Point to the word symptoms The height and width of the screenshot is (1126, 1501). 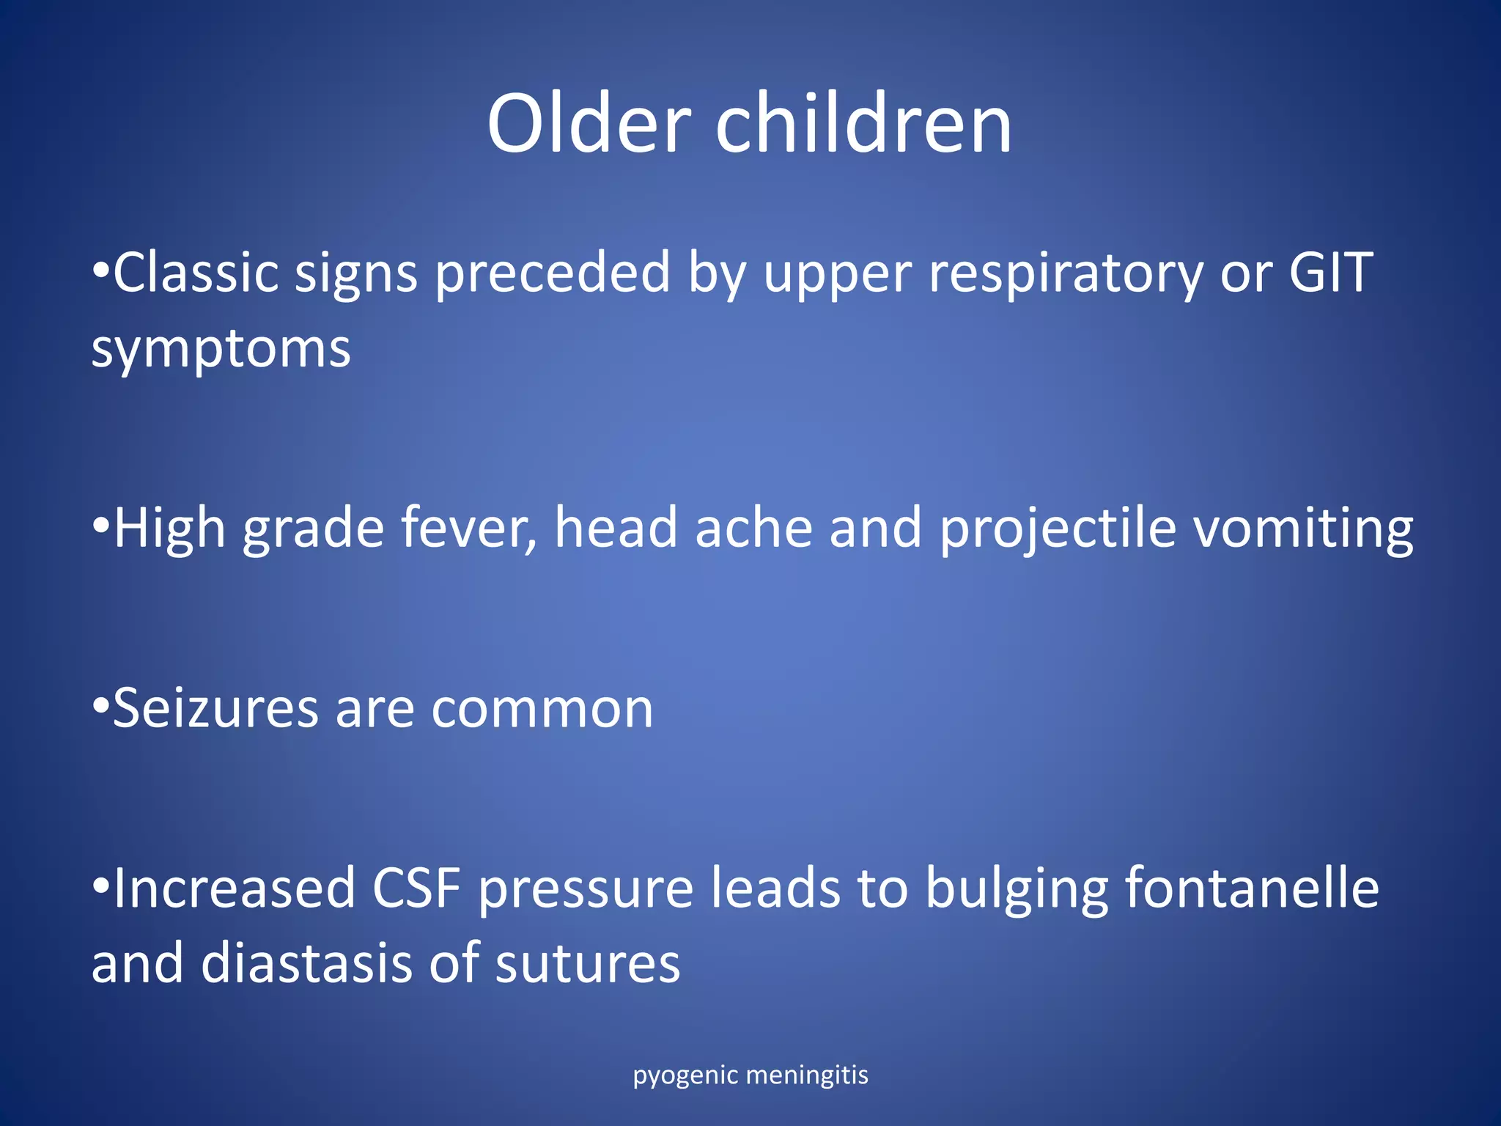[221, 350]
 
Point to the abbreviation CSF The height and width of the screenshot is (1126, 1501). [416, 888]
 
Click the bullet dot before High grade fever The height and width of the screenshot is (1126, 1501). [101, 525]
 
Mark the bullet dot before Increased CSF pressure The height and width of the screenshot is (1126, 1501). [101, 885]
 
